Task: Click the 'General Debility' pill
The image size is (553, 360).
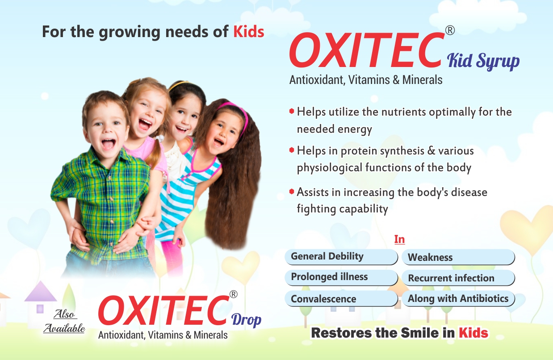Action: [x=341, y=257]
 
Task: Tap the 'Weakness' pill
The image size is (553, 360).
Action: [x=458, y=257]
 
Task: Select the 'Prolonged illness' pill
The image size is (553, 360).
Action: [x=341, y=277]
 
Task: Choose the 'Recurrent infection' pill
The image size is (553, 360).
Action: [x=458, y=278]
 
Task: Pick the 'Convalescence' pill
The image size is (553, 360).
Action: [x=341, y=298]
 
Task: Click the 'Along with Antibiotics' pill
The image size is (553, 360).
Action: [x=458, y=298]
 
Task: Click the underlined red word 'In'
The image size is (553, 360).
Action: [x=399, y=239]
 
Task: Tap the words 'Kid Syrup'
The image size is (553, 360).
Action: [x=483, y=61]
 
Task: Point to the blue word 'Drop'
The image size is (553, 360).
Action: [x=246, y=320]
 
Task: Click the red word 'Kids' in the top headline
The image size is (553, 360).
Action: [x=249, y=32]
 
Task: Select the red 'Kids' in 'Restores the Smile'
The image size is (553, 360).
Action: [x=473, y=333]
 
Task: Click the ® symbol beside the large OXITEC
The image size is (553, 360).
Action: [x=450, y=30]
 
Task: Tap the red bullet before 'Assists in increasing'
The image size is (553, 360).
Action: [x=292, y=191]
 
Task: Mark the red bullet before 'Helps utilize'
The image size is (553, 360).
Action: [x=292, y=111]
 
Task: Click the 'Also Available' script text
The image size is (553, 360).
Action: [x=64, y=321]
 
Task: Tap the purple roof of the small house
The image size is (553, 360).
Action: [x=41, y=292]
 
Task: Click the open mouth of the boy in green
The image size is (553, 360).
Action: [x=109, y=144]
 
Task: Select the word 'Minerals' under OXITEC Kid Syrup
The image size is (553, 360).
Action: [x=422, y=80]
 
